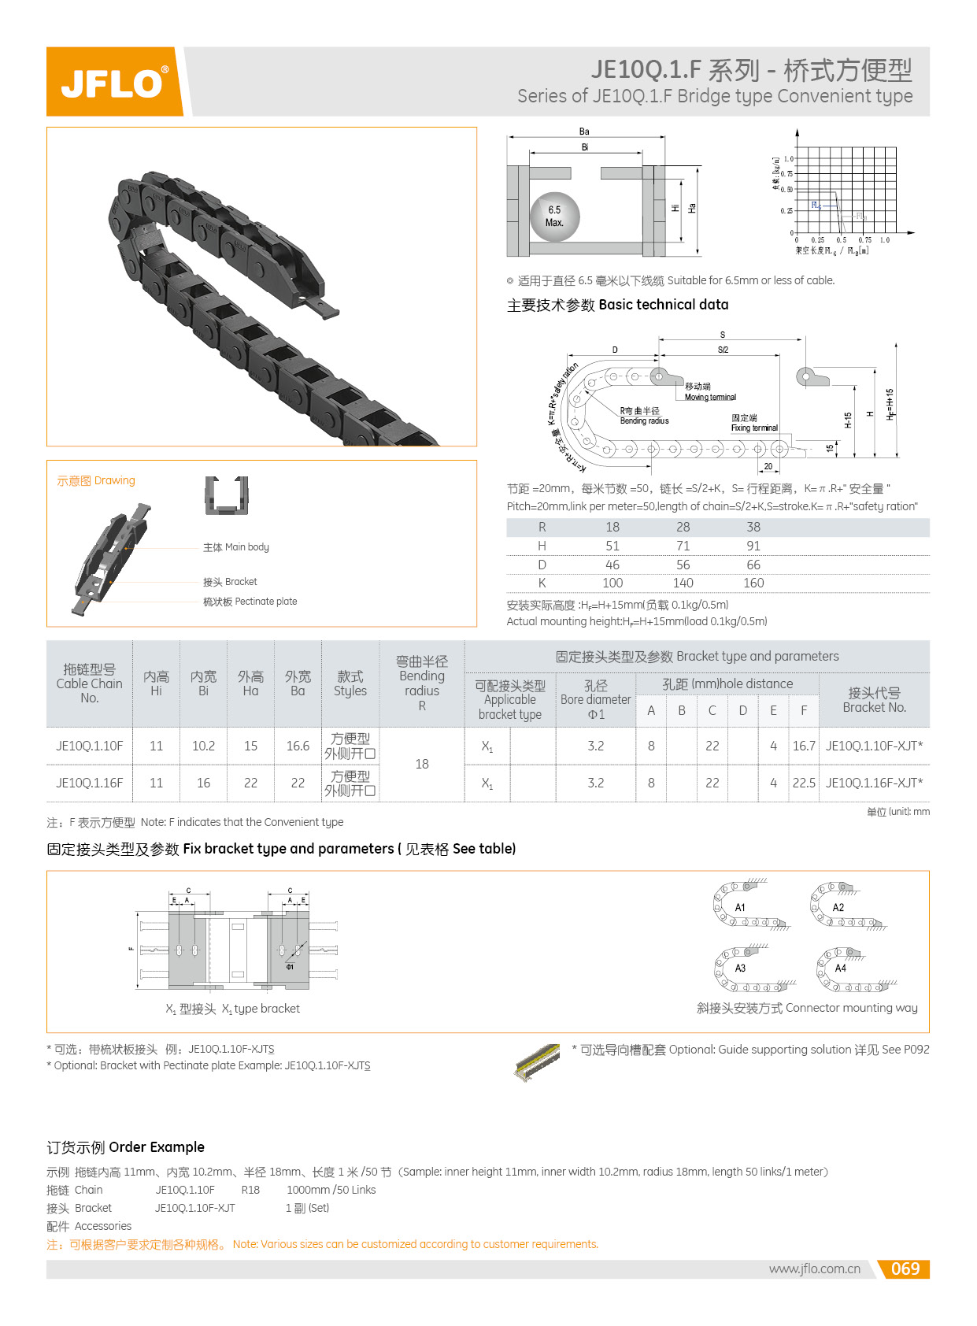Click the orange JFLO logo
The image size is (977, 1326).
(113, 82)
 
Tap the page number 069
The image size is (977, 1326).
(905, 1269)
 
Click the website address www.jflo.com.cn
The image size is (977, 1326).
(814, 1269)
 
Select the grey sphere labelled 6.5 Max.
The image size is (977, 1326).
(554, 217)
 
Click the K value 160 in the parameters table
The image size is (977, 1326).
(753, 583)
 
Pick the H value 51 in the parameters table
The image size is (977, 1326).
(612, 546)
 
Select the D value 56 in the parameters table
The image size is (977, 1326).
(683, 565)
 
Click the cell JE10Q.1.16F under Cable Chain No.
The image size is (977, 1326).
(89, 783)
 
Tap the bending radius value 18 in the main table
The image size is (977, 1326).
(421, 764)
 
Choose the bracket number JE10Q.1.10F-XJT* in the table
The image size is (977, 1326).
(874, 746)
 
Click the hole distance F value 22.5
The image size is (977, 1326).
(803, 783)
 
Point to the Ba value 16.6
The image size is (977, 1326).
(298, 746)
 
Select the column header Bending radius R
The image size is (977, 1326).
(421, 683)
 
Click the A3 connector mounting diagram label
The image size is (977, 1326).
(740, 968)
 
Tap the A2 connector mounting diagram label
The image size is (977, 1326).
(838, 907)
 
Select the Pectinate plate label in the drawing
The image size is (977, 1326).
(250, 602)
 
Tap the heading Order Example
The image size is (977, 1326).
(125, 1146)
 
